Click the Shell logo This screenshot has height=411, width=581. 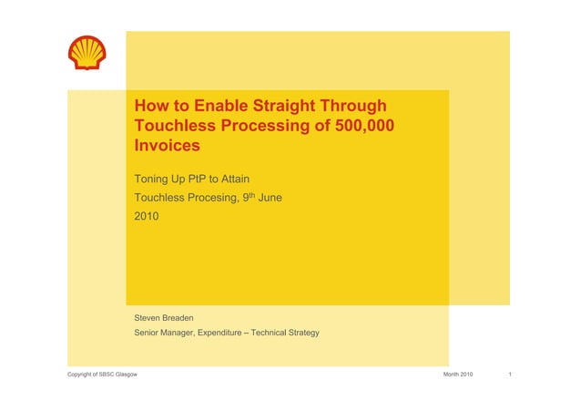87,53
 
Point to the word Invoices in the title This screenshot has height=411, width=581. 167,146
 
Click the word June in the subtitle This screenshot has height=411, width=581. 270,197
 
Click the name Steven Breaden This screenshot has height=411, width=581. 164,317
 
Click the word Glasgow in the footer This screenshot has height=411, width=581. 123,375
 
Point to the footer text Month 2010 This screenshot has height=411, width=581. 457,375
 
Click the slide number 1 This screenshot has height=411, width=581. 512,375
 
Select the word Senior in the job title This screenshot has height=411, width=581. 148,334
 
